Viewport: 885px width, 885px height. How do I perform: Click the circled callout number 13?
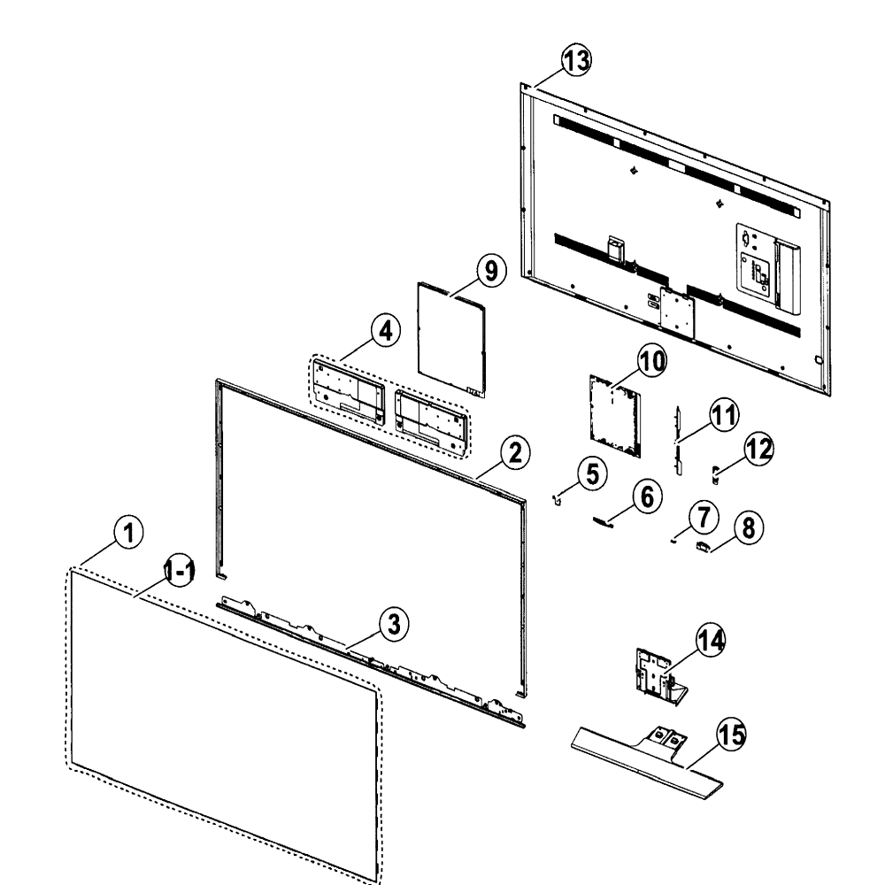576,60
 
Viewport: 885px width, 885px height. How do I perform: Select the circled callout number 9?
491,270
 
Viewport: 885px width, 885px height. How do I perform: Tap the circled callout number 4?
386,331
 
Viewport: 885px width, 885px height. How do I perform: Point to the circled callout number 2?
515,452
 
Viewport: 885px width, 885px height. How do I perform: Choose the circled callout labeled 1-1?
180,571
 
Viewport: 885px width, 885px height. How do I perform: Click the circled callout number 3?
394,624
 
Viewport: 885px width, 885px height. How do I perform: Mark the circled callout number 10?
652,361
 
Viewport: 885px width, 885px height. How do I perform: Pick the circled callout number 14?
711,640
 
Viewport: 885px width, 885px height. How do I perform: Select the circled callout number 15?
731,735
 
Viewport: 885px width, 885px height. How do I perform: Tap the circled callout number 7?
704,517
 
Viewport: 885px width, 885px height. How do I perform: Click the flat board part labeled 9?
451,339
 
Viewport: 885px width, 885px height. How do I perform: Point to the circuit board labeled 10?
615,415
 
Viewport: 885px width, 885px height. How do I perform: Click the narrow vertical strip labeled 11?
679,440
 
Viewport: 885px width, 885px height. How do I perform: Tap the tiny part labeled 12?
716,474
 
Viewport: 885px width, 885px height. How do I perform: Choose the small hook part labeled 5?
556,500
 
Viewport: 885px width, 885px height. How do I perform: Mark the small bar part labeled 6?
603,522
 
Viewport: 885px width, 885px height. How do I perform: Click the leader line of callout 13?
550,79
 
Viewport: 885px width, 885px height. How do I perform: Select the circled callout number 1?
128,532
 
